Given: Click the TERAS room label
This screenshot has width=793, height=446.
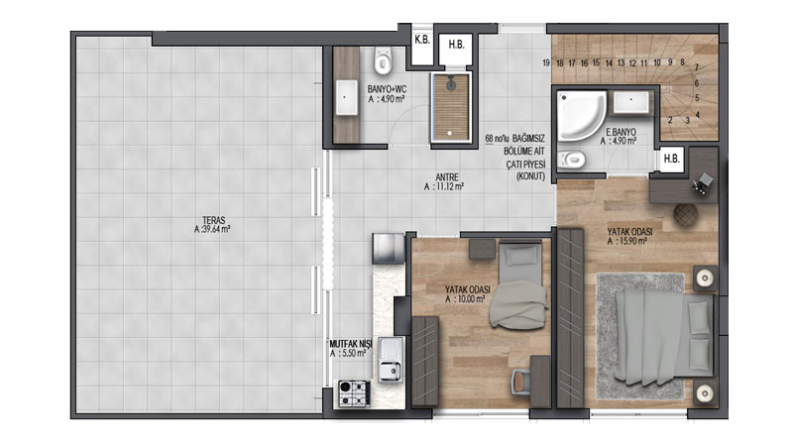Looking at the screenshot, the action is pyautogui.click(x=214, y=220).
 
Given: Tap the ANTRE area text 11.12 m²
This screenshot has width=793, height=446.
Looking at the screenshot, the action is pyautogui.click(x=444, y=186).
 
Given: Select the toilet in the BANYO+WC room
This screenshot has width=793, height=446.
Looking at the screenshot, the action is pyautogui.click(x=384, y=60).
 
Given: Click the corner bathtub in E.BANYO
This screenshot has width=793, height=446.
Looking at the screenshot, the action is pyautogui.click(x=581, y=115).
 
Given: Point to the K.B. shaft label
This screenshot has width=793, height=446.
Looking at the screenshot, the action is pyautogui.click(x=422, y=40).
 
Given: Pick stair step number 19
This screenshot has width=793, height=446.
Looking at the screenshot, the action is pyautogui.click(x=546, y=63).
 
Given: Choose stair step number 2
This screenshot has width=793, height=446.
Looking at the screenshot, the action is pyautogui.click(x=670, y=120).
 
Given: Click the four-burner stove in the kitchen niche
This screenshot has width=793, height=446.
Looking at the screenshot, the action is pyautogui.click(x=354, y=392).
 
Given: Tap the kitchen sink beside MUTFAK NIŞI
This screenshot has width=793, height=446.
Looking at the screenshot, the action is pyautogui.click(x=391, y=359).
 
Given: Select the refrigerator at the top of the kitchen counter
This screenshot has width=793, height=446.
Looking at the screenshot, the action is pyautogui.click(x=389, y=249).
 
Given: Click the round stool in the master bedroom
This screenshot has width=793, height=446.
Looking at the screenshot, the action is pyautogui.click(x=685, y=214).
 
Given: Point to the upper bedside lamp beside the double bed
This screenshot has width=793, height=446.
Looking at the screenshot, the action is pyautogui.click(x=705, y=278).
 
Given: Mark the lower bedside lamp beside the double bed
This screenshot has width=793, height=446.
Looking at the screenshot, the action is pyautogui.click(x=705, y=392).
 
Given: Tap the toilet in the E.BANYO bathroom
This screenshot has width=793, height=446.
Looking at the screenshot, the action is pyautogui.click(x=572, y=161).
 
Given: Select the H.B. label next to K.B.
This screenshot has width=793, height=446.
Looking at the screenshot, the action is pyautogui.click(x=456, y=45).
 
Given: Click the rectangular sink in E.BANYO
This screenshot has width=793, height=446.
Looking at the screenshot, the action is pyautogui.click(x=630, y=103).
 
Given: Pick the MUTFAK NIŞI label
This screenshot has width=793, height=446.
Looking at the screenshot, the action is pyautogui.click(x=351, y=344).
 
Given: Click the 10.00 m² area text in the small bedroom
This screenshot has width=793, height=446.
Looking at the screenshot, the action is pyautogui.click(x=465, y=299).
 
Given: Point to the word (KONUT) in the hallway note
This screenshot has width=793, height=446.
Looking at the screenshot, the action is pyautogui.click(x=530, y=176).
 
